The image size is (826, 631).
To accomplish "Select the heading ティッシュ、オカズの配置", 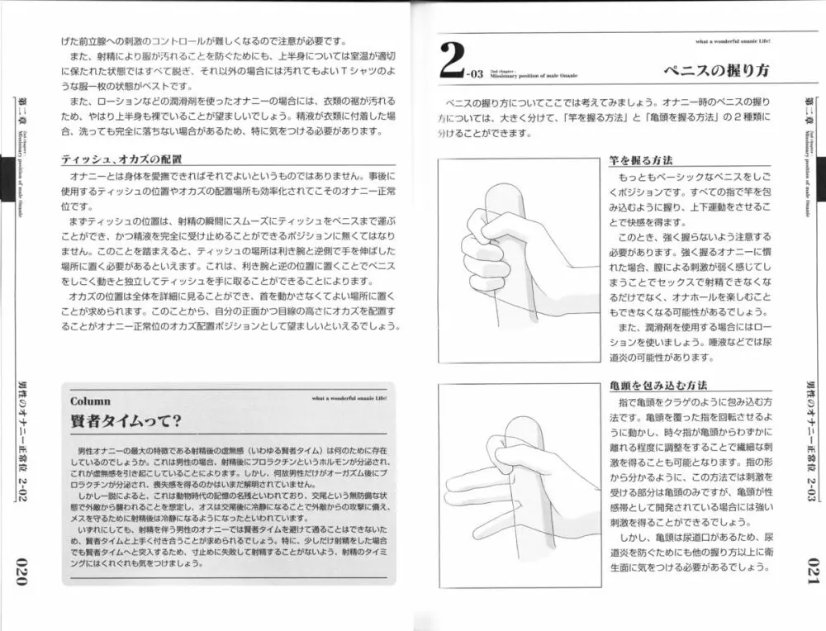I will (x=121, y=159).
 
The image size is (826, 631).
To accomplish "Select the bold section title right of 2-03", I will (x=716, y=70).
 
